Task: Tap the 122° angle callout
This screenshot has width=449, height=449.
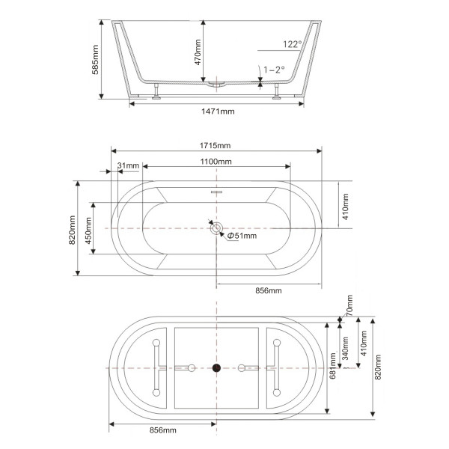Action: (x=293, y=44)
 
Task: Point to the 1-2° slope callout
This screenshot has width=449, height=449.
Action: (x=274, y=70)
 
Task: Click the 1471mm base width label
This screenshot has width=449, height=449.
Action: (x=217, y=111)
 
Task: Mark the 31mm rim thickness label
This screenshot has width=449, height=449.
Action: (x=128, y=165)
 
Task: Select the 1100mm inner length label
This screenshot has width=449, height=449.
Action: (x=216, y=162)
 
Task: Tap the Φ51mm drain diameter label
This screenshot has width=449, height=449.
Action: (x=242, y=236)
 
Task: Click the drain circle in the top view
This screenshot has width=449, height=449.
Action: (x=217, y=227)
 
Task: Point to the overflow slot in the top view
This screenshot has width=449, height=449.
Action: (x=217, y=192)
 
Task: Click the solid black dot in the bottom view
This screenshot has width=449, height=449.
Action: (x=217, y=367)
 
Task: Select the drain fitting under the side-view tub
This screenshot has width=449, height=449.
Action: (x=217, y=84)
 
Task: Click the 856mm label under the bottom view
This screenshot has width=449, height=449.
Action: (x=162, y=430)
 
